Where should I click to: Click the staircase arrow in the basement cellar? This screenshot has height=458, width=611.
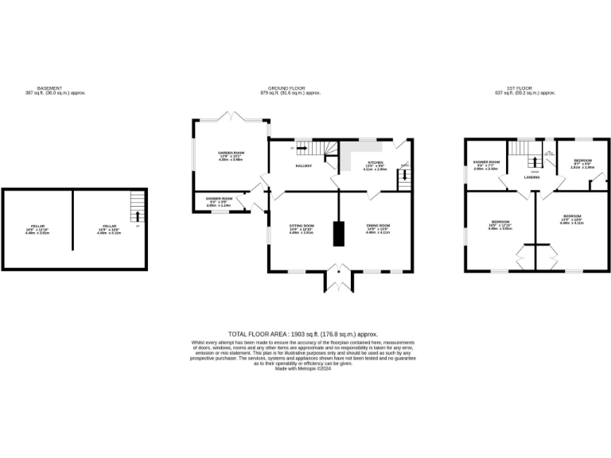[138, 214]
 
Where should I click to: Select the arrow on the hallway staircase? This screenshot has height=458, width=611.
[301, 148]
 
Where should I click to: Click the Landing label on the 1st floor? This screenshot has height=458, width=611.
[531, 177]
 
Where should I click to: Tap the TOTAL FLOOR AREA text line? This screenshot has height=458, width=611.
[302, 335]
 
